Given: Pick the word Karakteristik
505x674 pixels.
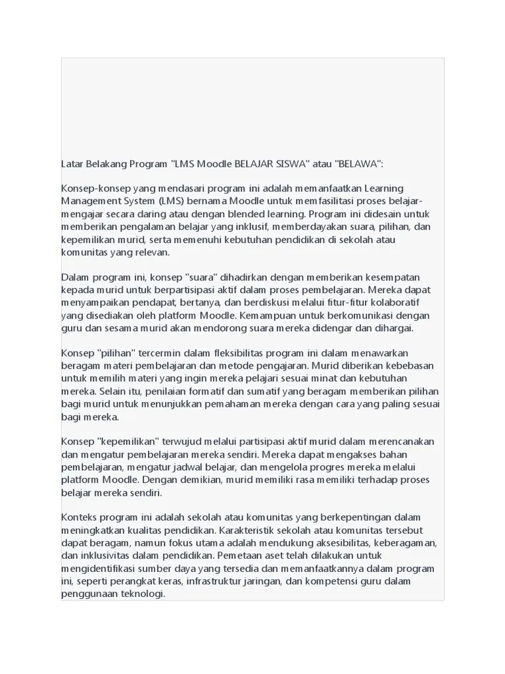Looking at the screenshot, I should point(252,531).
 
